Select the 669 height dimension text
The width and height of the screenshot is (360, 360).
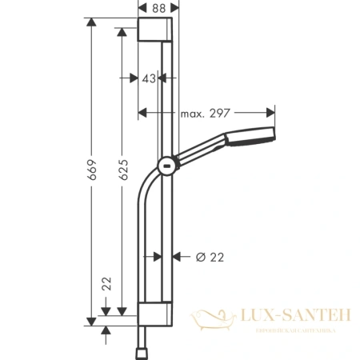[x=94, y=171]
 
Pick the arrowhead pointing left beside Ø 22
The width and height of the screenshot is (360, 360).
[x=178, y=257]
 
